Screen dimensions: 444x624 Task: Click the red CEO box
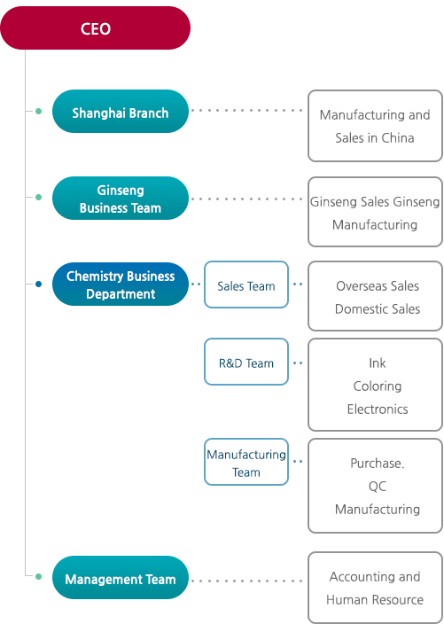[x=95, y=27]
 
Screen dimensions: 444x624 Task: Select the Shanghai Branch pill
[x=121, y=111]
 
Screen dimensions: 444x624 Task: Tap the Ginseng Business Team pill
[x=121, y=199]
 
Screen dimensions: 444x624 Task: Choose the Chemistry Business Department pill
[x=121, y=285]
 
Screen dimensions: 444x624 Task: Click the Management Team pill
[x=121, y=577]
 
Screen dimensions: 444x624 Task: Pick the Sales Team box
[x=246, y=285]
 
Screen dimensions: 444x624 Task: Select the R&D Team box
[x=246, y=362]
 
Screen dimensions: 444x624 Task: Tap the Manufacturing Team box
[x=246, y=462]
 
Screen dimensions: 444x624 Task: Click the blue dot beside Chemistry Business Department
[x=38, y=285]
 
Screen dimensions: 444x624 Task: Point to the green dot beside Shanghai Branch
[x=38, y=112]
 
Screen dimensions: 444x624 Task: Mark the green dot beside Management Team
[x=38, y=576]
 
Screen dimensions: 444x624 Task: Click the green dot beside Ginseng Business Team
[x=38, y=197]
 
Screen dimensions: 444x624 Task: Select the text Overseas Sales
[x=378, y=286]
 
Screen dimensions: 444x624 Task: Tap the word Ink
[x=378, y=363]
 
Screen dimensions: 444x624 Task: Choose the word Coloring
[x=378, y=386]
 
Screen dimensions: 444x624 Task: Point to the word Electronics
[x=378, y=409]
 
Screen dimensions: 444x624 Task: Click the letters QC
[x=378, y=487]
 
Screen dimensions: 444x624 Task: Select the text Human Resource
[x=375, y=600]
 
